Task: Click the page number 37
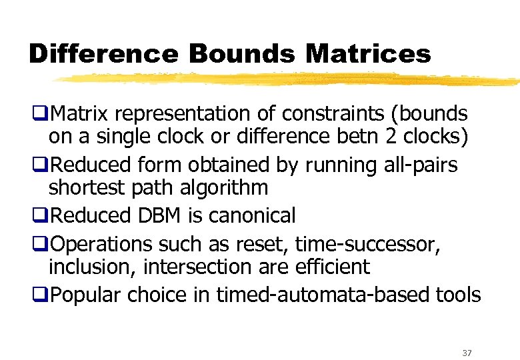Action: click(x=466, y=353)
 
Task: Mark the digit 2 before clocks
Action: click(x=397, y=137)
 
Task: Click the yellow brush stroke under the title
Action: click(x=287, y=79)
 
